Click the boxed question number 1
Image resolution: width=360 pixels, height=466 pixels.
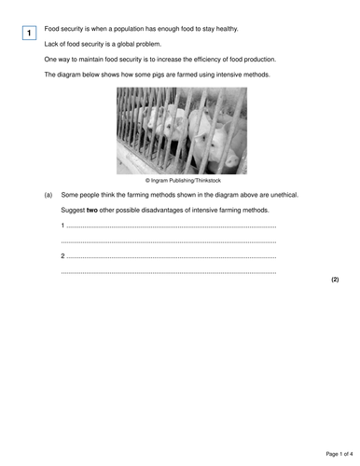coord(29,34)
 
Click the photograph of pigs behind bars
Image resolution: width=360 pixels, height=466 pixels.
coord(182,130)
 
